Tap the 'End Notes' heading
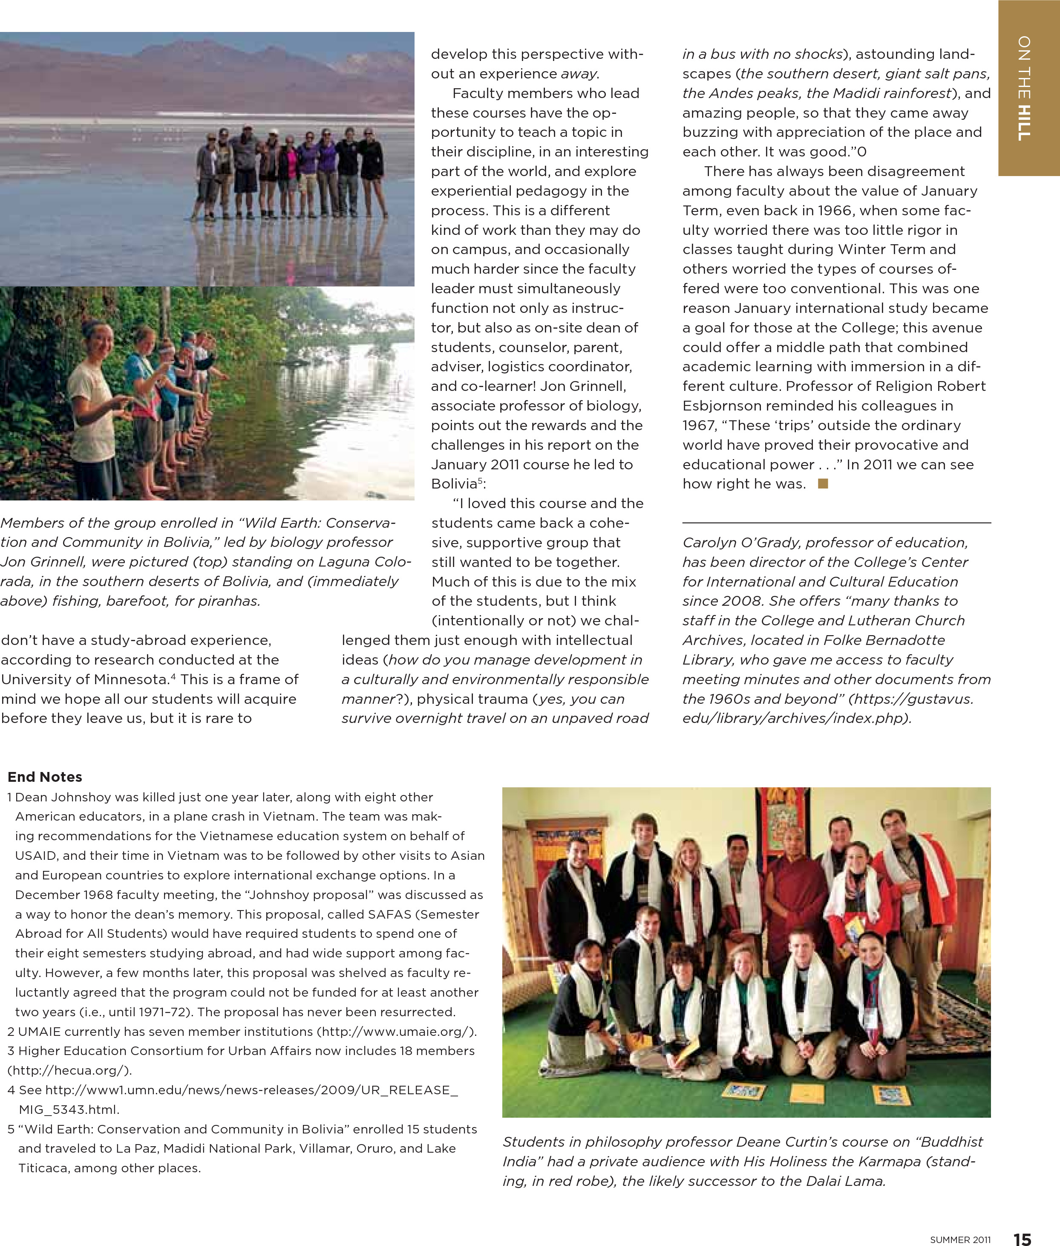point(45,777)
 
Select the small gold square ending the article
point(823,483)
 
